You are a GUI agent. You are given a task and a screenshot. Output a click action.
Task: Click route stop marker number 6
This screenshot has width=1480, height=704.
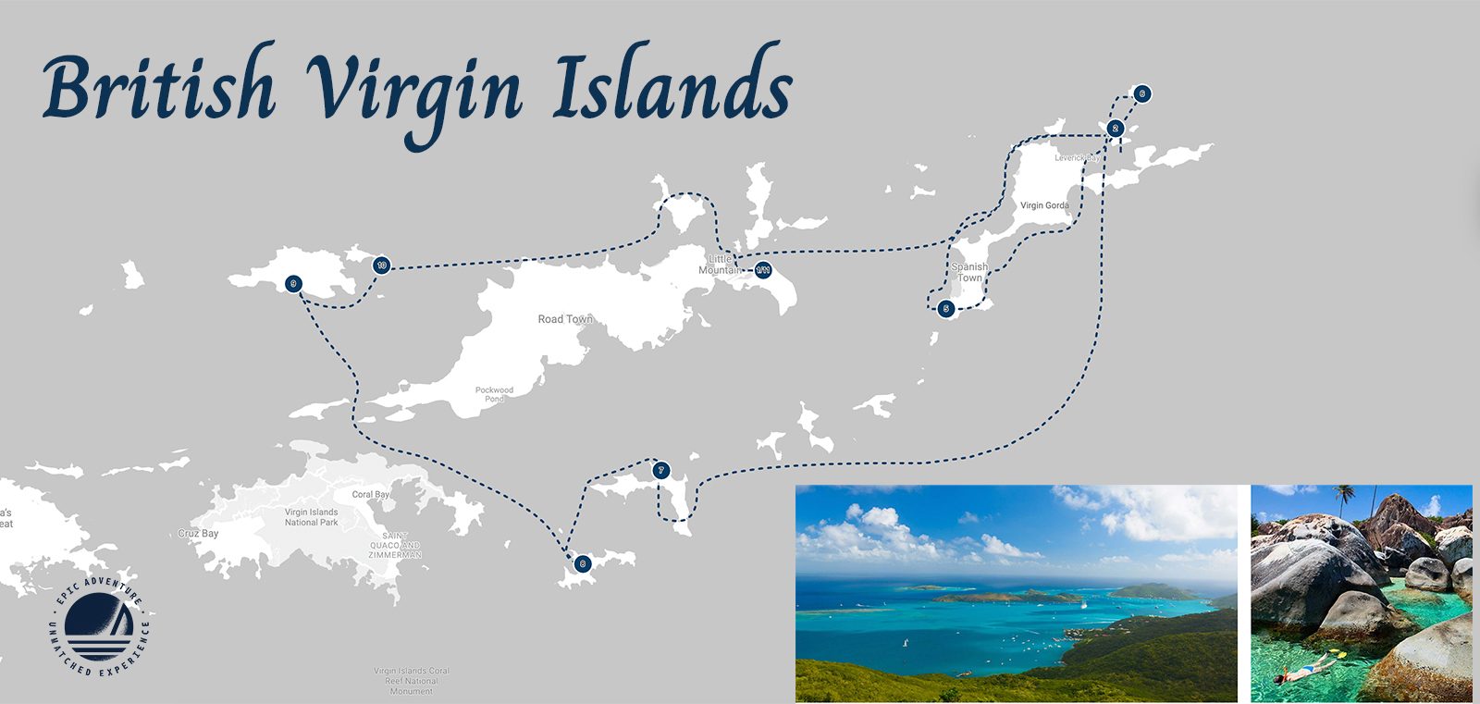(x=1142, y=93)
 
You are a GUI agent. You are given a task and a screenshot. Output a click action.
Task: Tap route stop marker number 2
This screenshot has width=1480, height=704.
(x=1116, y=129)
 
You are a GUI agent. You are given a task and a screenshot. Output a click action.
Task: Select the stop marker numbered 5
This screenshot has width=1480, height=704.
(x=944, y=309)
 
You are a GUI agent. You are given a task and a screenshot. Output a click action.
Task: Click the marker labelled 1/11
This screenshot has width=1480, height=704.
(x=763, y=270)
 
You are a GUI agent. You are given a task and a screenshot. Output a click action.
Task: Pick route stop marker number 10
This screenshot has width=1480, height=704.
(x=380, y=266)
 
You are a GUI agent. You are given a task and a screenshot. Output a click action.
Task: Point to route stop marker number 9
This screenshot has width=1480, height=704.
(x=293, y=283)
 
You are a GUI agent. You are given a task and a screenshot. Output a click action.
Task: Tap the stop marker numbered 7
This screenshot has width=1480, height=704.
(x=660, y=470)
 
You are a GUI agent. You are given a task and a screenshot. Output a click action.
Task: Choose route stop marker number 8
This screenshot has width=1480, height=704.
(x=581, y=562)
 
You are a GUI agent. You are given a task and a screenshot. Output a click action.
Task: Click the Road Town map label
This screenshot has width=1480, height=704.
(x=564, y=319)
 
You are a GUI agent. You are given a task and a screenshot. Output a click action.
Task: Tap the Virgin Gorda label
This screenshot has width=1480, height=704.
(x=1044, y=205)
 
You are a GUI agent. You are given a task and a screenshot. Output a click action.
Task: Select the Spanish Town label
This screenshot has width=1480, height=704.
(x=969, y=272)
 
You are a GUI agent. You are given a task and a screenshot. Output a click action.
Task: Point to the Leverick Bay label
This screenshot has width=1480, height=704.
(x=1077, y=158)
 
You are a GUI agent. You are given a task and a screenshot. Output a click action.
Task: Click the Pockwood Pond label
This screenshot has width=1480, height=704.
(x=494, y=394)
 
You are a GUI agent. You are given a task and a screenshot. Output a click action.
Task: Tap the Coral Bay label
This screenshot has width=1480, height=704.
(x=370, y=495)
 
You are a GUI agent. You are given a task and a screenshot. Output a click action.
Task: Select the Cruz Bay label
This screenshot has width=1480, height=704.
(x=198, y=534)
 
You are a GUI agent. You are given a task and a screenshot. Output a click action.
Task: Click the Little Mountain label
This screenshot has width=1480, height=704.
(x=719, y=265)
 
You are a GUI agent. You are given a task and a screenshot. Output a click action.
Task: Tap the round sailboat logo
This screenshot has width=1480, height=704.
(x=99, y=626)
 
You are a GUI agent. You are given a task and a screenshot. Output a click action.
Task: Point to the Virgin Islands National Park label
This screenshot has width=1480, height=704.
(x=311, y=517)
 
